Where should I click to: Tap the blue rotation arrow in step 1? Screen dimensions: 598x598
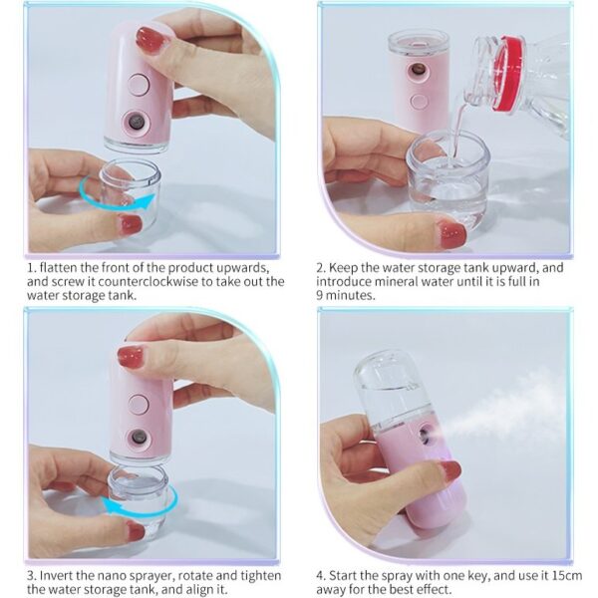[x=115, y=204]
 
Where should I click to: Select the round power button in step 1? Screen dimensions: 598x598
[x=139, y=85]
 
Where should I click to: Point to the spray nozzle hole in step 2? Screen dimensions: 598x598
[x=418, y=70]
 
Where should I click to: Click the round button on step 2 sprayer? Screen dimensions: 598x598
[x=420, y=102]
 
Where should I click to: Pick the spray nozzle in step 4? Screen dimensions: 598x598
[x=425, y=435]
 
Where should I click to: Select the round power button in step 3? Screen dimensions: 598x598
[x=139, y=405]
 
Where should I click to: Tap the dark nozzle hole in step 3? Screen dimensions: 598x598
[x=139, y=437]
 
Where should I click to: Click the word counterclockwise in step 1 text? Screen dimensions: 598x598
[x=148, y=281]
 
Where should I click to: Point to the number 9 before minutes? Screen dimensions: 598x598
[x=320, y=295]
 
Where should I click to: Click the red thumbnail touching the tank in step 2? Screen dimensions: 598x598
[x=452, y=234]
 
